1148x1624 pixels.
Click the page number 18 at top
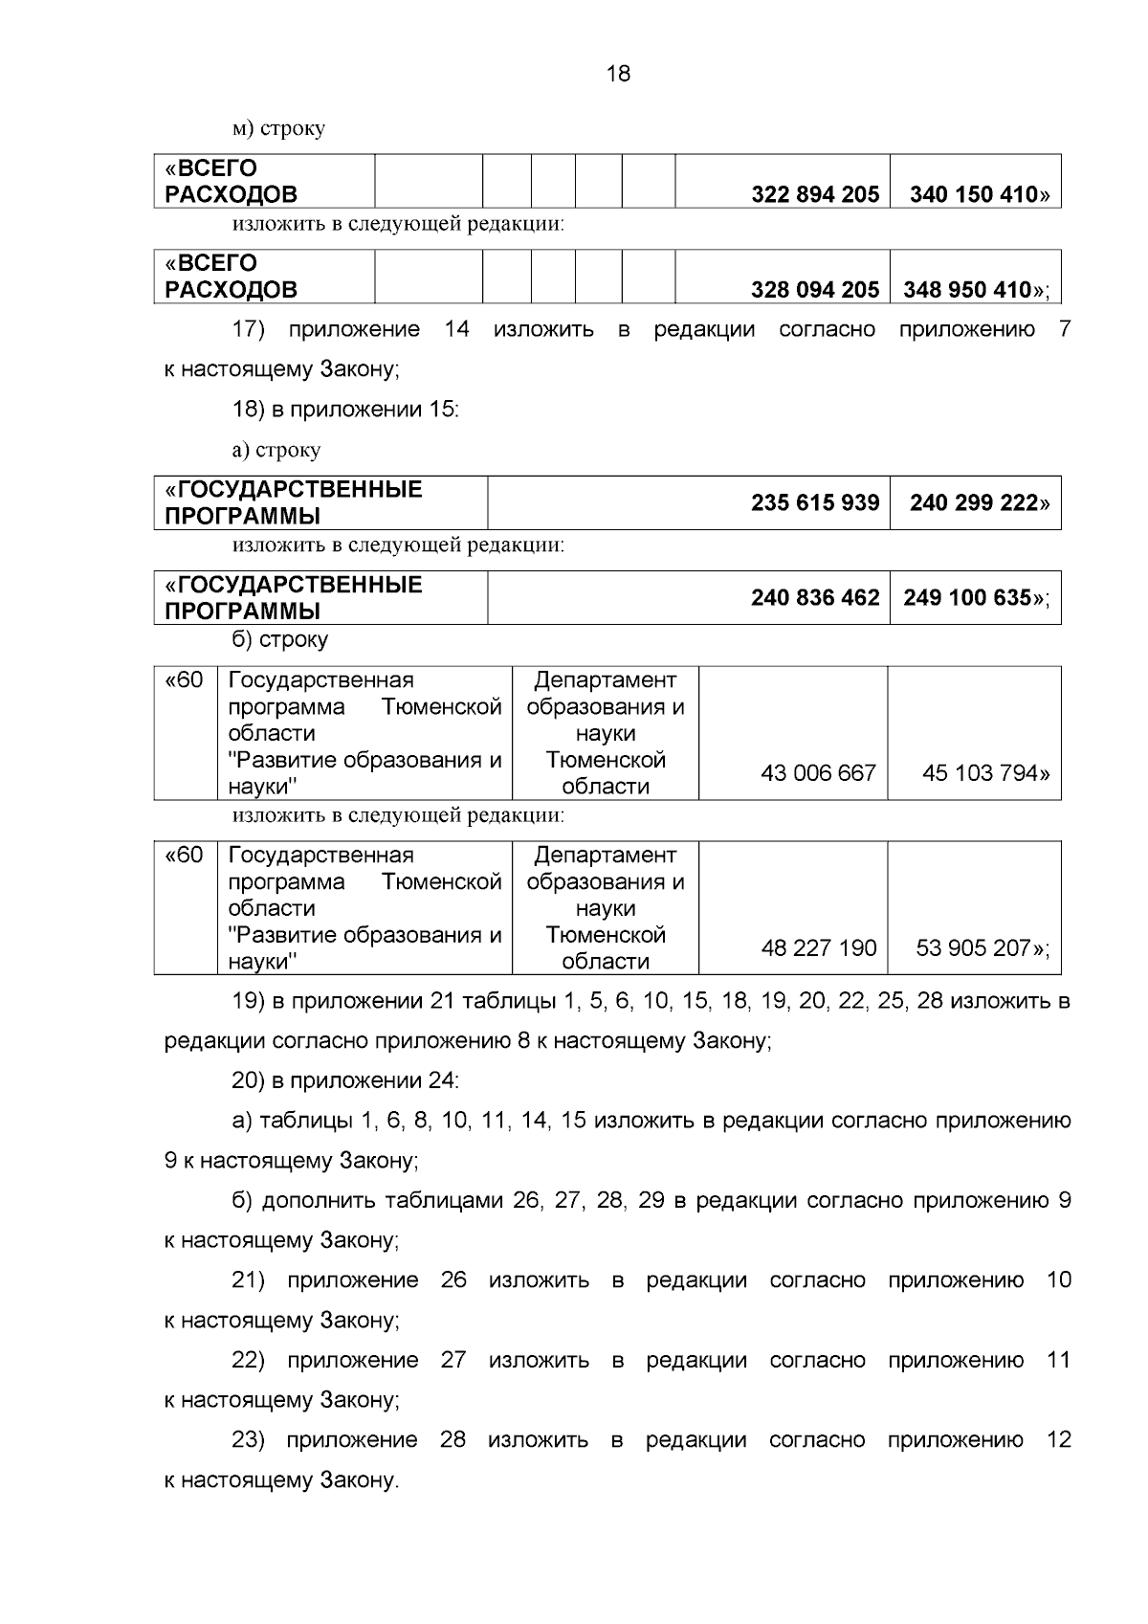(x=619, y=74)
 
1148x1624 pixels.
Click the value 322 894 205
(x=815, y=195)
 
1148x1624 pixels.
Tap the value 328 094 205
(x=815, y=290)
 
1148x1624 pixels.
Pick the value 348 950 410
(x=968, y=290)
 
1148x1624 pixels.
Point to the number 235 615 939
(x=815, y=503)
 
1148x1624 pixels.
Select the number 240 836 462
(x=815, y=598)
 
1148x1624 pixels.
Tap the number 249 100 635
(x=968, y=598)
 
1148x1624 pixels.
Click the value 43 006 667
(x=818, y=773)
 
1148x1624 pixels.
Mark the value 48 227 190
(x=818, y=948)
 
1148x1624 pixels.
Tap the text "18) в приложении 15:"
(x=345, y=411)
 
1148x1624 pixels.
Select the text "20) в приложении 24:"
(x=345, y=1081)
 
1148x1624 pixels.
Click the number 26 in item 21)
(x=453, y=1280)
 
